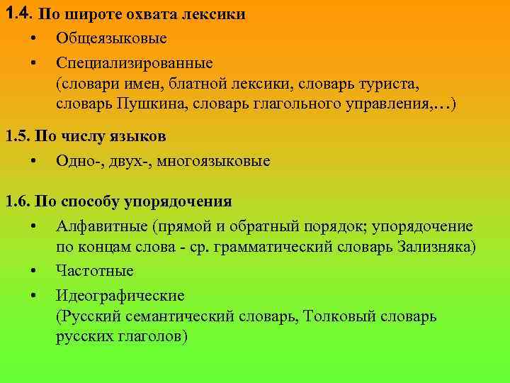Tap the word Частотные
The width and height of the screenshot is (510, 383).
coord(95,270)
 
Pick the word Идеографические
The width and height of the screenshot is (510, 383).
coord(120,295)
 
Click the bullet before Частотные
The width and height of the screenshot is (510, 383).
coord(34,271)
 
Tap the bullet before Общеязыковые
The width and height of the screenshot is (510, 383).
coord(34,37)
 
